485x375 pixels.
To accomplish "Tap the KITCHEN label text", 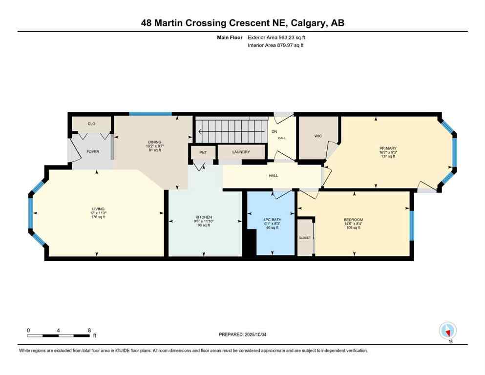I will [x=204, y=217].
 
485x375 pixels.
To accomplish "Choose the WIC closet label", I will [x=318, y=136].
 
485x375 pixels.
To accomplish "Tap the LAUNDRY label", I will [x=241, y=152].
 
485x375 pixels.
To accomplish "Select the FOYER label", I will [x=93, y=152].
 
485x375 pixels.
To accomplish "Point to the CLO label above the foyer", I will [x=91, y=124].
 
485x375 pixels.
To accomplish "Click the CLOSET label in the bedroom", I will [x=305, y=238].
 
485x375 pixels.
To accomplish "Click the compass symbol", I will [x=447, y=331].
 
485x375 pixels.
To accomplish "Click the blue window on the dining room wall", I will [x=150, y=114].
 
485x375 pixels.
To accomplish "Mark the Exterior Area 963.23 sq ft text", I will [x=278, y=37].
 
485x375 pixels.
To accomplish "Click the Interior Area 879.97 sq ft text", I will [x=276, y=45].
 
